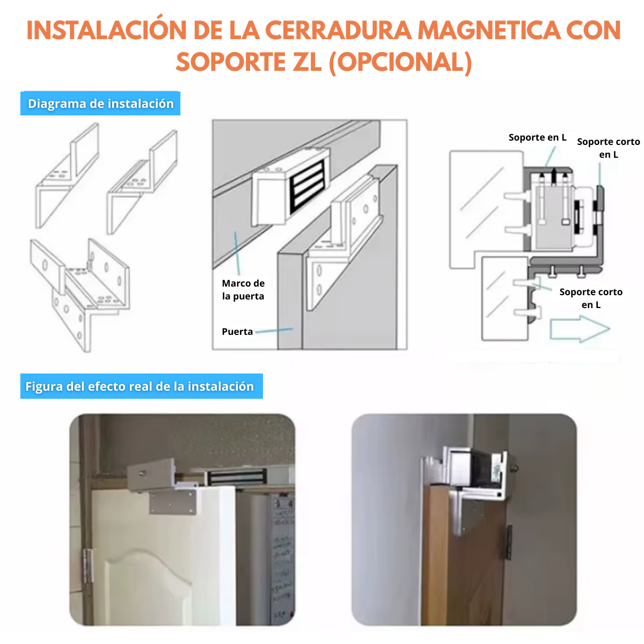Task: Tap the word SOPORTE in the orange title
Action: pyautogui.click(x=230, y=62)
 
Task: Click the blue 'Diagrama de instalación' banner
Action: pyautogui.click(x=100, y=103)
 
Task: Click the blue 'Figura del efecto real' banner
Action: pyautogui.click(x=141, y=386)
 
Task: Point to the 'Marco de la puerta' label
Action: pyautogui.click(x=243, y=289)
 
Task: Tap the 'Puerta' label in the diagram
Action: pyautogui.click(x=237, y=332)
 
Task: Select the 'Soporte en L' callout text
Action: pyautogui.click(x=537, y=137)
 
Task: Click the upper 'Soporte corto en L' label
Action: pyautogui.click(x=608, y=148)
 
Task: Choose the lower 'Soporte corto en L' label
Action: pyautogui.click(x=590, y=298)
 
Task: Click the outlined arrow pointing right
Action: pyautogui.click(x=580, y=329)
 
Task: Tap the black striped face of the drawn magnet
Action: pyautogui.click(x=308, y=186)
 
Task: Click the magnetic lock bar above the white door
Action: pyautogui.click(x=237, y=477)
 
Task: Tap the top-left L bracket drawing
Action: pyautogui.click(x=67, y=176)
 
